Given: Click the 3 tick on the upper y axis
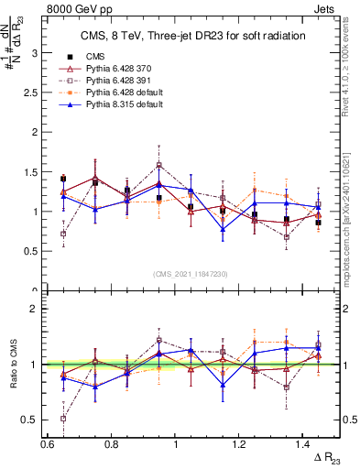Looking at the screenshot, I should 38,53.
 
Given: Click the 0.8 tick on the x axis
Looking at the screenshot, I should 112,443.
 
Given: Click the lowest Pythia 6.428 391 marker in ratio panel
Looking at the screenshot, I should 63,419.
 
